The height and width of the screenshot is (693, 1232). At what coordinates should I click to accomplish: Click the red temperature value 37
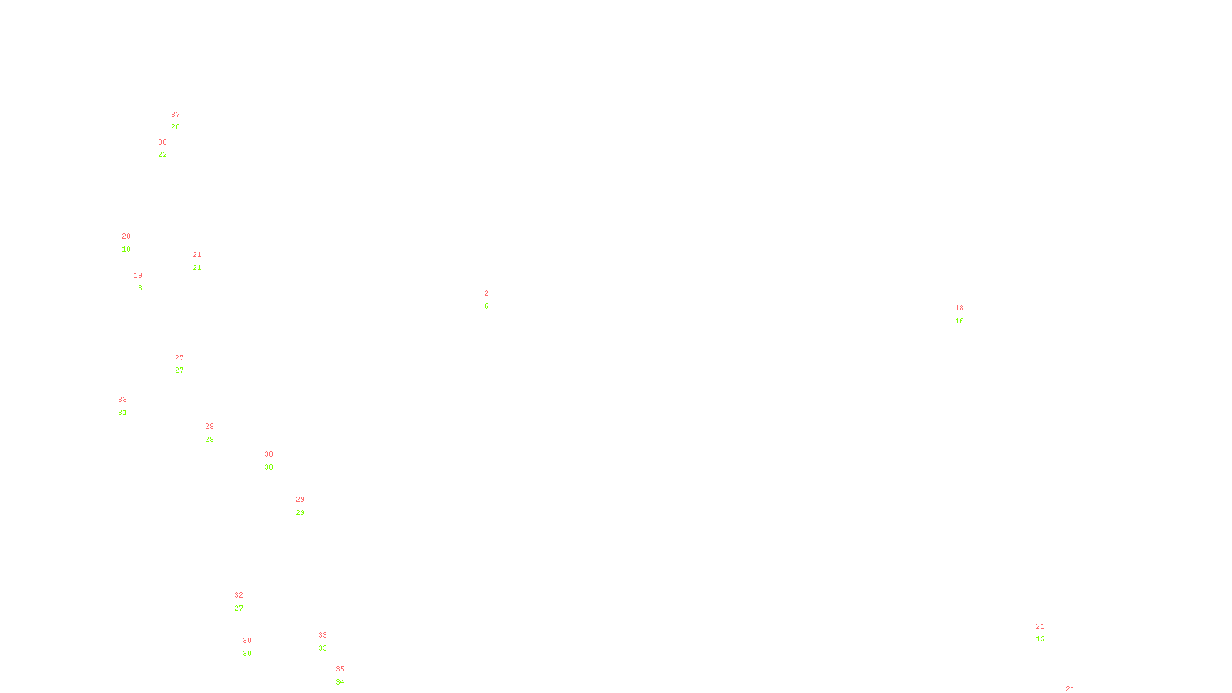pos(176,115)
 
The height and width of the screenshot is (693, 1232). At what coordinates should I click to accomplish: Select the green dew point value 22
pos(162,155)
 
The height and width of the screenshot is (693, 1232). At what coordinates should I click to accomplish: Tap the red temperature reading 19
pos(138,276)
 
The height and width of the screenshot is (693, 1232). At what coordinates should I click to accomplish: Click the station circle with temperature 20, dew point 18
pos(134,243)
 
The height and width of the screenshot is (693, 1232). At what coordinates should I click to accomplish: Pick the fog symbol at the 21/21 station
pos(198,261)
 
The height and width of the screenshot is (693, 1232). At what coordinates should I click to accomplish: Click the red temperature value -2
pos(484,293)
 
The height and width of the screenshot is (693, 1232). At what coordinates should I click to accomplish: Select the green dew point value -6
pos(484,306)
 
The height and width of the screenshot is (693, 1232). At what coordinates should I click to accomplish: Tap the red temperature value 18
pos(959,308)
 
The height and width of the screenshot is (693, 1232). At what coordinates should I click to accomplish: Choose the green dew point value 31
pos(122,413)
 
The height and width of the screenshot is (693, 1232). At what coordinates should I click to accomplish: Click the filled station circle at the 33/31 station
pos(130,406)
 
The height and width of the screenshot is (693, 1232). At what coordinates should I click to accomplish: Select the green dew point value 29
pos(300,513)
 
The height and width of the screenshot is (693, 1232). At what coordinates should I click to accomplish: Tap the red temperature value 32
pos(239,595)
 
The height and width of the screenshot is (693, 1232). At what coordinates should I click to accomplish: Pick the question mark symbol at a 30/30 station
pos(248,647)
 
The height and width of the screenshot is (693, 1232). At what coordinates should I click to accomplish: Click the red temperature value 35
pos(340,669)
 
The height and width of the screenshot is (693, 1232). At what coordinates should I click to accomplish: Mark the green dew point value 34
pos(340,682)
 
